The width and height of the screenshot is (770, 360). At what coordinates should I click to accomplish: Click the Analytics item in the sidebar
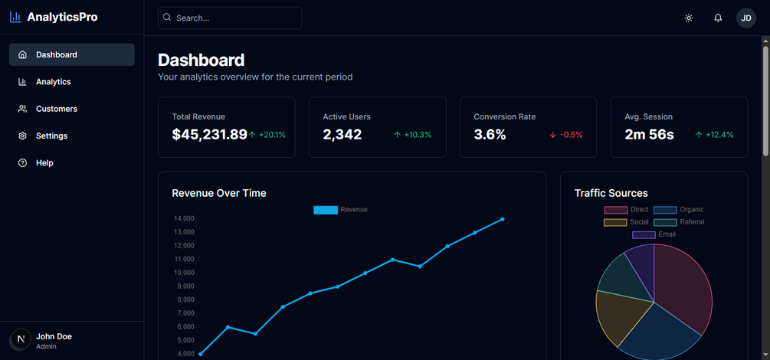(x=53, y=82)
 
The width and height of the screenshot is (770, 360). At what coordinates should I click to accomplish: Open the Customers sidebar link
(x=56, y=109)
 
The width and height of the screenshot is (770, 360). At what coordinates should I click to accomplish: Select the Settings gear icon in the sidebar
(x=22, y=136)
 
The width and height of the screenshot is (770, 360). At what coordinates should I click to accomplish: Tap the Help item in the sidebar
(x=44, y=163)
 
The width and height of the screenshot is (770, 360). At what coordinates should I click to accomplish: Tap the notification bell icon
(x=718, y=18)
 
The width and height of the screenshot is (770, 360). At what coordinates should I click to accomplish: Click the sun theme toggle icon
(x=689, y=18)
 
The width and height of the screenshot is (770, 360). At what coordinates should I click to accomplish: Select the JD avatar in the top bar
(x=746, y=18)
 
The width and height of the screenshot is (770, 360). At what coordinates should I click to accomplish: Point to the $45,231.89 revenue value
(x=209, y=135)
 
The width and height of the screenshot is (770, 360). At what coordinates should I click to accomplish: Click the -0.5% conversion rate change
(x=571, y=135)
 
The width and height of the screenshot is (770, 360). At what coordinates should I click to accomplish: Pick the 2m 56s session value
(x=649, y=135)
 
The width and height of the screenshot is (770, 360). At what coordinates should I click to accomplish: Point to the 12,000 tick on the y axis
(x=184, y=246)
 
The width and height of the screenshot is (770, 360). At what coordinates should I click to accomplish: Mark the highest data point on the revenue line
(x=503, y=219)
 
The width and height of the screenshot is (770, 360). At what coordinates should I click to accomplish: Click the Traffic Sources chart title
(x=611, y=193)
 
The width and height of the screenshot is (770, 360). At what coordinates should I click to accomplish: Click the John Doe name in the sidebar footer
(x=54, y=336)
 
